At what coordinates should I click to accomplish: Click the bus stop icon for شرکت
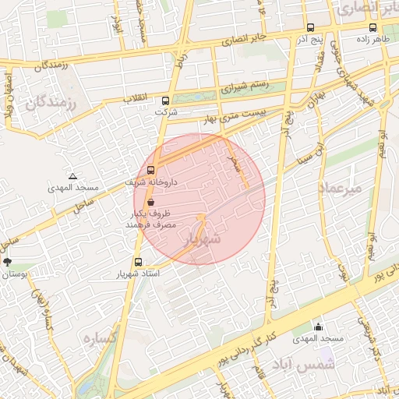pyautogui.click(x=165, y=101)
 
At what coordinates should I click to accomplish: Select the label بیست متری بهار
pyautogui.click(x=206, y=118)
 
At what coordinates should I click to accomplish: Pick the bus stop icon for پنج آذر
pyautogui.click(x=310, y=27)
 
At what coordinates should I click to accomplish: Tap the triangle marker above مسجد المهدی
pyautogui.click(x=72, y=177)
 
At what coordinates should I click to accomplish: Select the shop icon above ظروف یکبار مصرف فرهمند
pyautogui.click(x=150, y=201)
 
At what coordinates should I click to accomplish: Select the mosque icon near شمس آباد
pyautogui.click(x=318, y=327)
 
